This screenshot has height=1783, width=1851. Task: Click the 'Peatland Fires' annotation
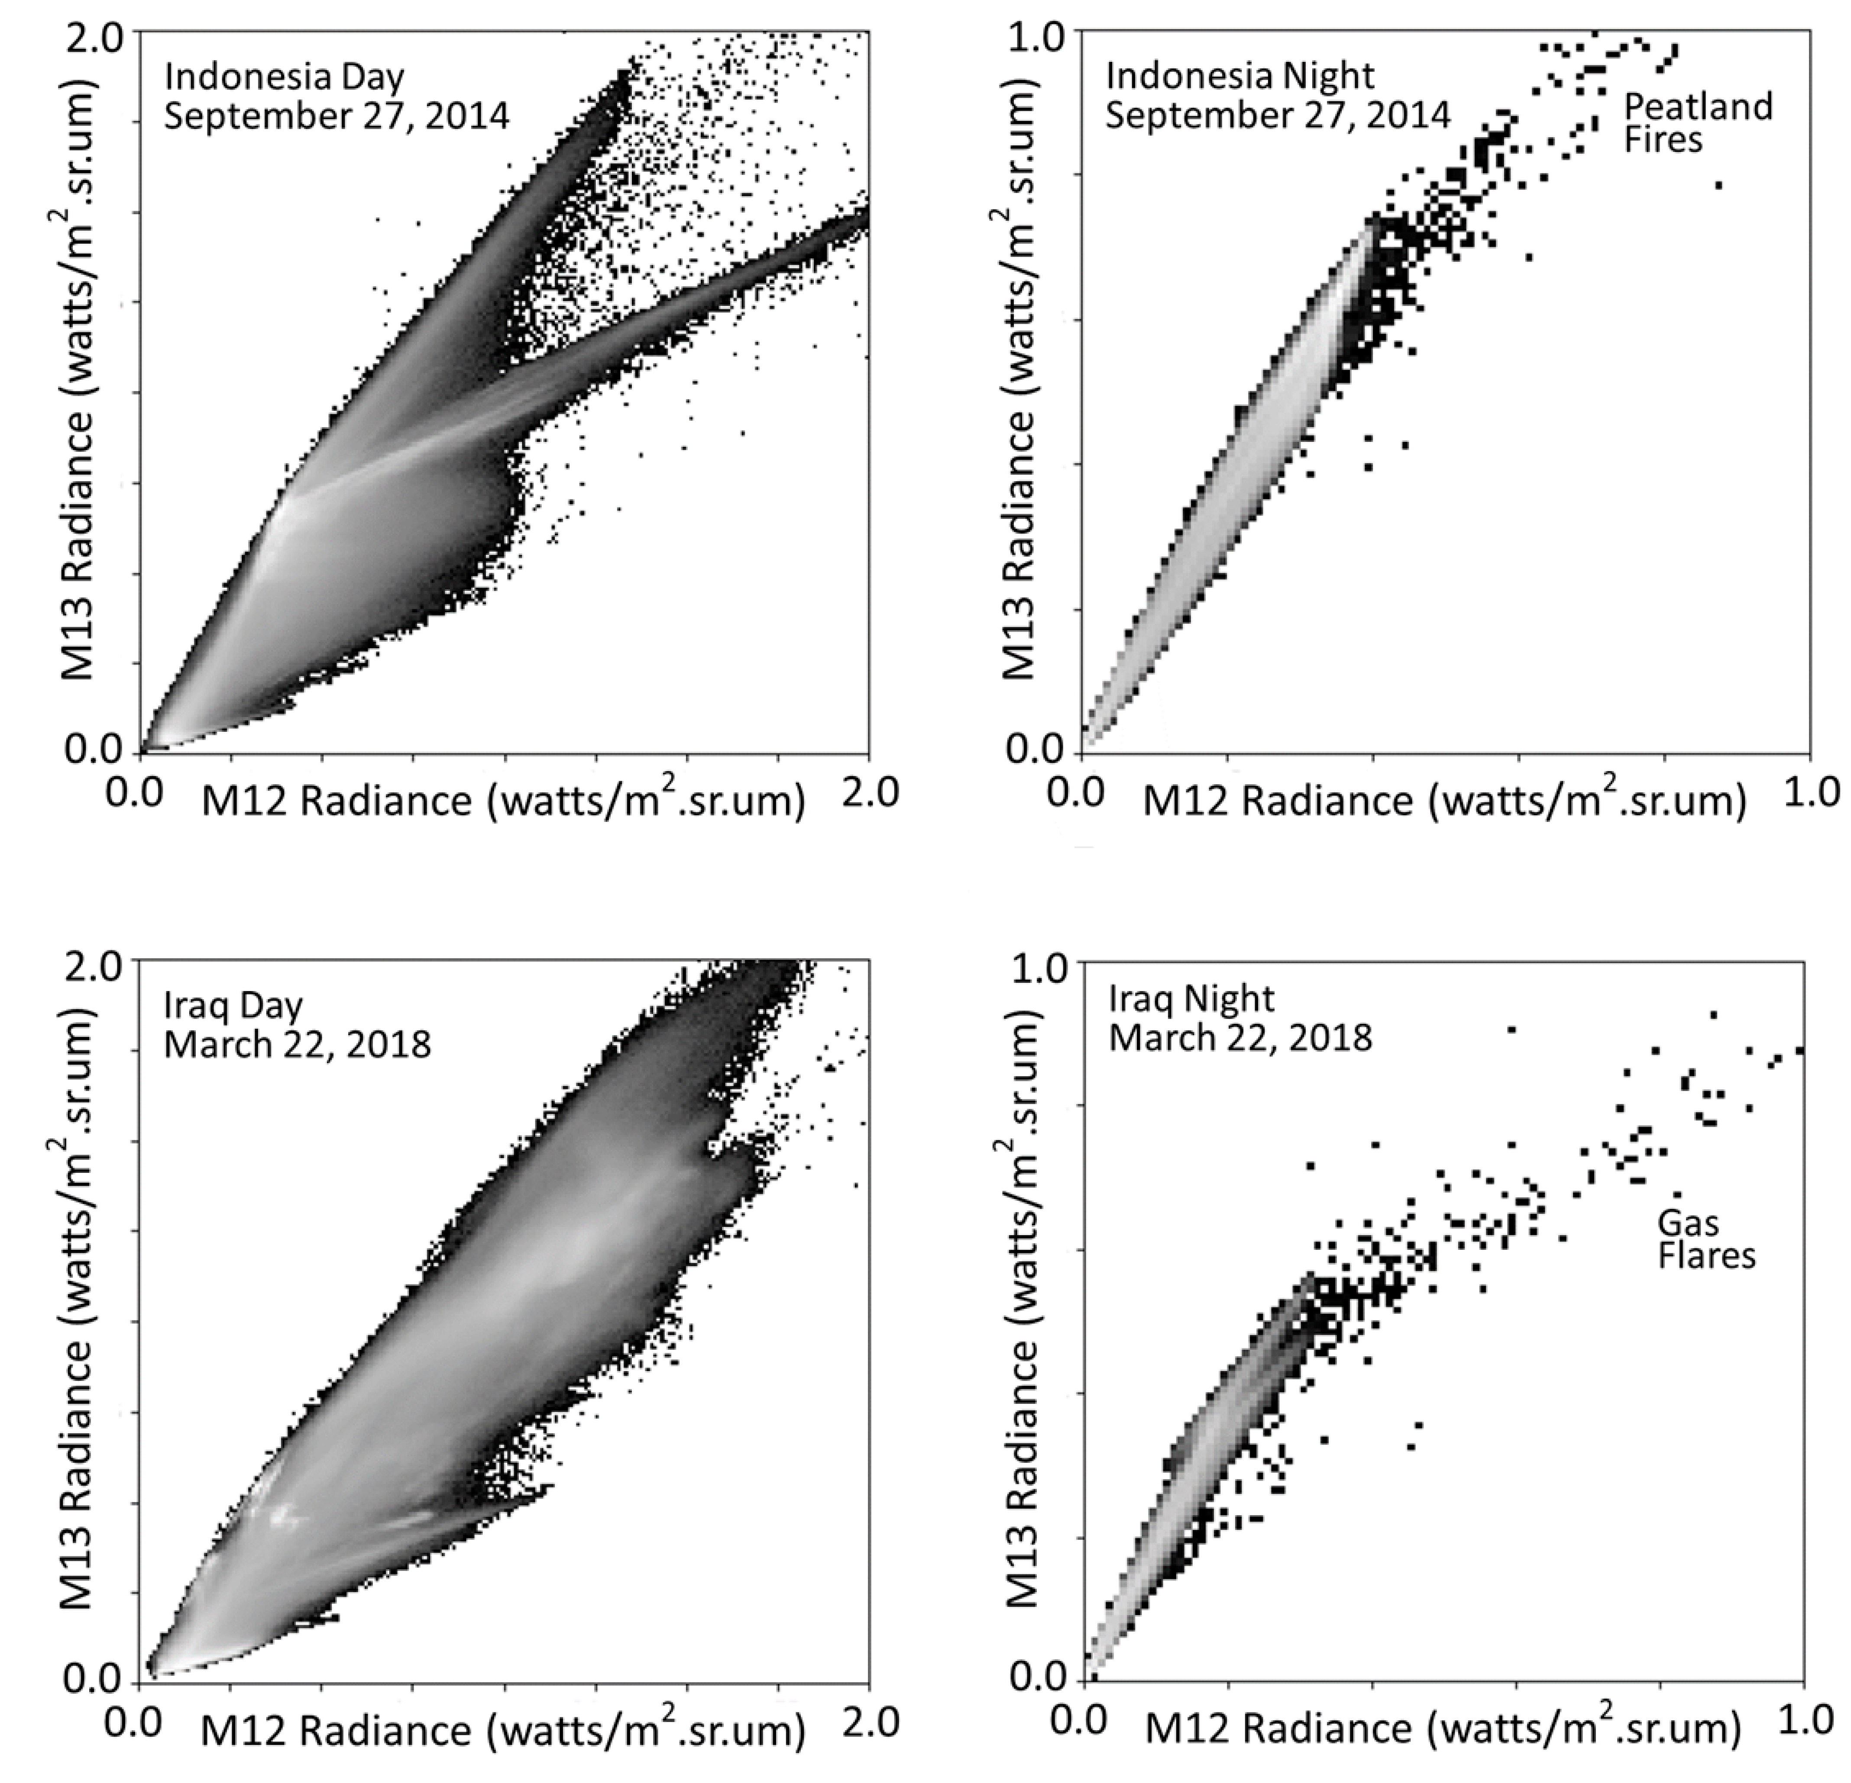point(1697,123)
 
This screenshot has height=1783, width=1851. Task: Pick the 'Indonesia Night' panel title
point(1240,75)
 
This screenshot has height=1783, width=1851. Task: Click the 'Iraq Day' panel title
point(233,1005)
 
